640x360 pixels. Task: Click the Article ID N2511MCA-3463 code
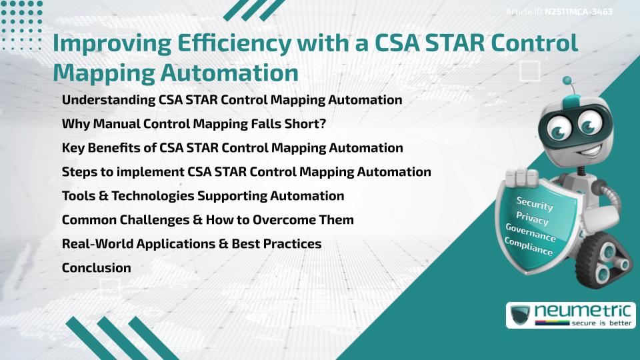tap(578, 12)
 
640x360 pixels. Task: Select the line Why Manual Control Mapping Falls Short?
tap(193, 124)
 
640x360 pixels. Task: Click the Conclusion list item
tap(96, 268)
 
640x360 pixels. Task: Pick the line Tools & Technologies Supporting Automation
tap(203, 196)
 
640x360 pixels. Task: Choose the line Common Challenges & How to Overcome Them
tap(207, 220)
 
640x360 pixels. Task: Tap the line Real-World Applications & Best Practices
tap(191, 244)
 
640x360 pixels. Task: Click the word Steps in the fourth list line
tap(79, 172)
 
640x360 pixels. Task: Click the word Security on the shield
tap(535, 203)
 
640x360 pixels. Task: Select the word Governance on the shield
tap(530, 233)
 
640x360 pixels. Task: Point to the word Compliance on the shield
tap(528, 247)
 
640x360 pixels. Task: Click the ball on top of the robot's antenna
tap(568, 82)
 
